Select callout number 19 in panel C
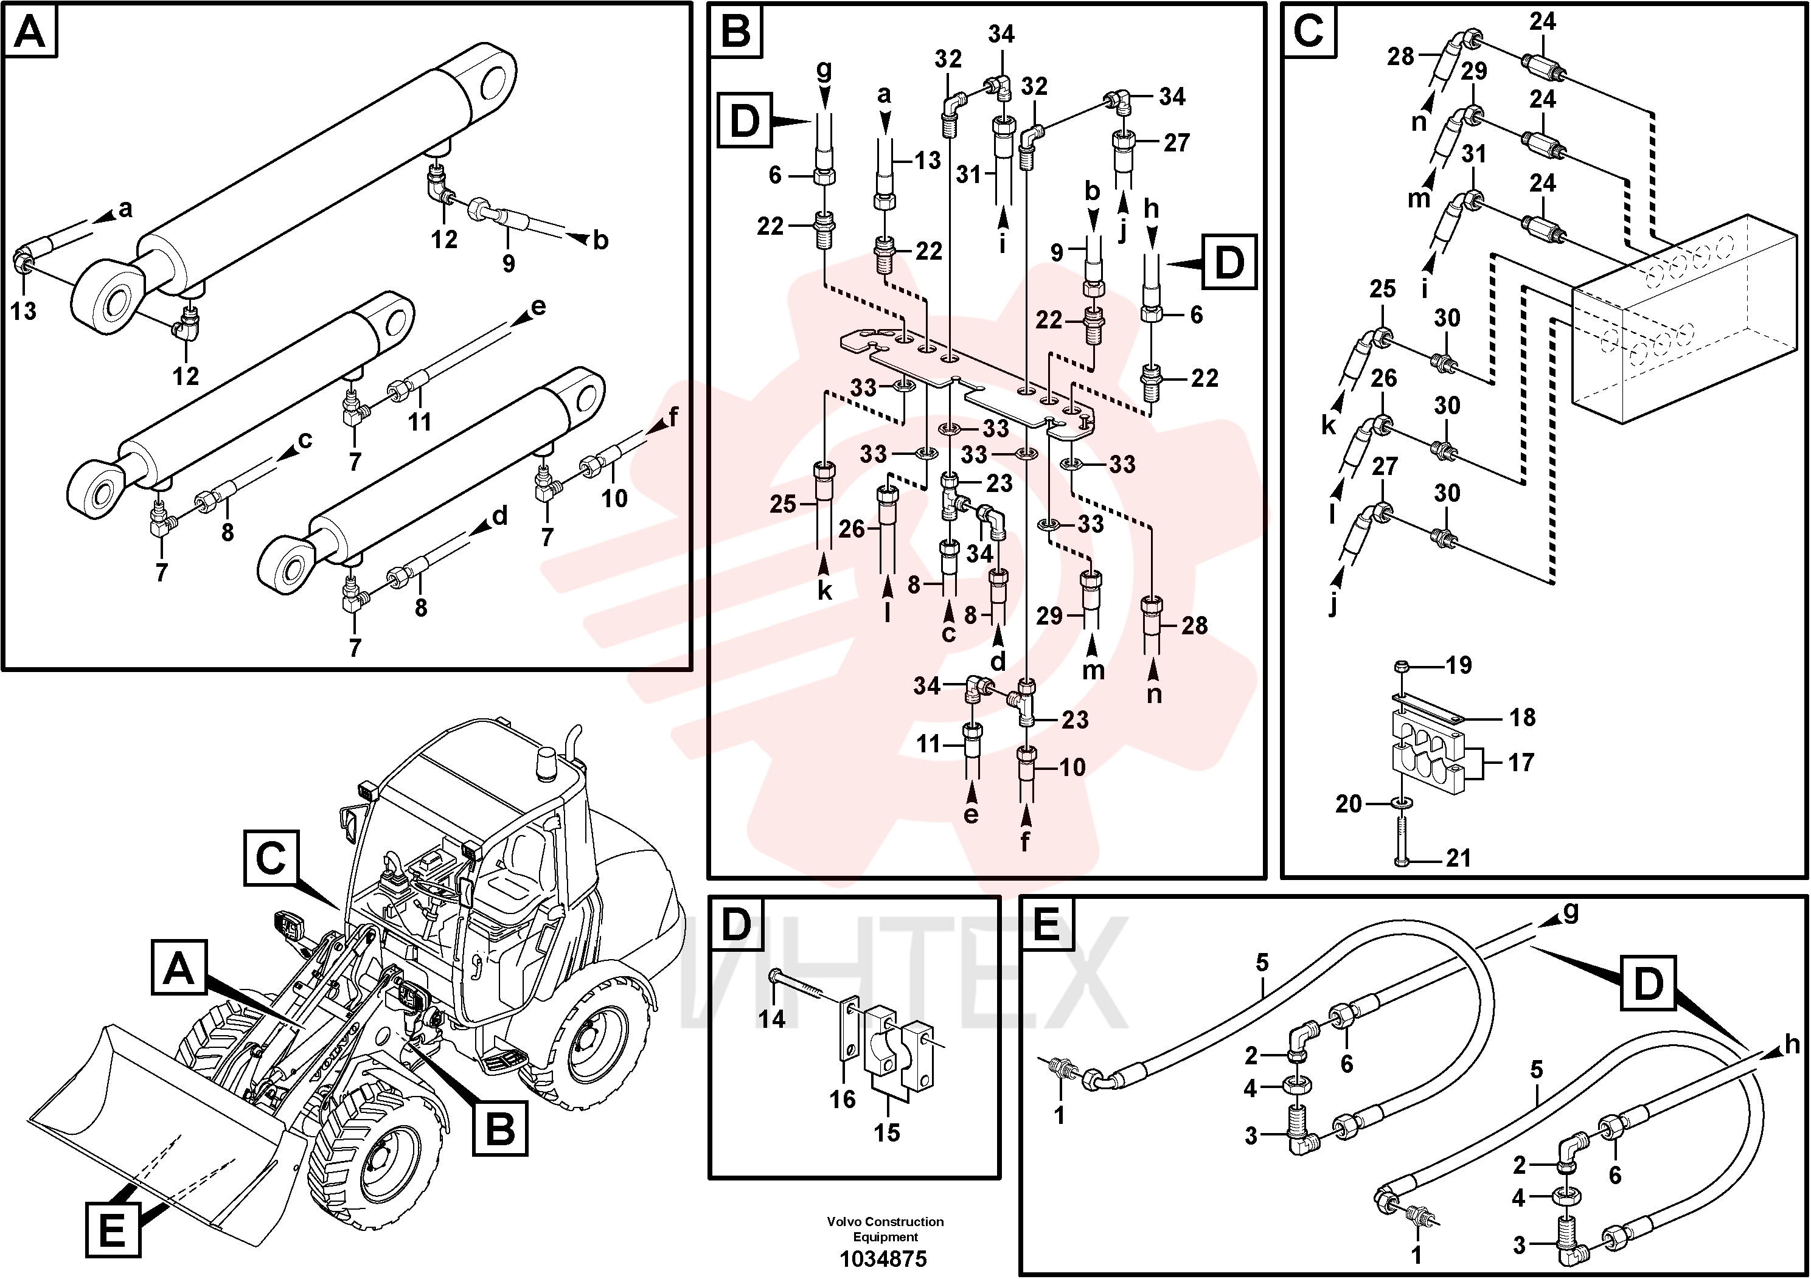coord(1458,665)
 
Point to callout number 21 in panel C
coord(1458,858)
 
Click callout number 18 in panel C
coord(1522,718)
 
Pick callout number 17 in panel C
coord(1521,763)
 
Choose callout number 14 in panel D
coord(771,1019)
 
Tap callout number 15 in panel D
coord(886,1133)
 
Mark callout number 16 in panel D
coord(843,1098)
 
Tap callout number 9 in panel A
coord(509,263)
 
